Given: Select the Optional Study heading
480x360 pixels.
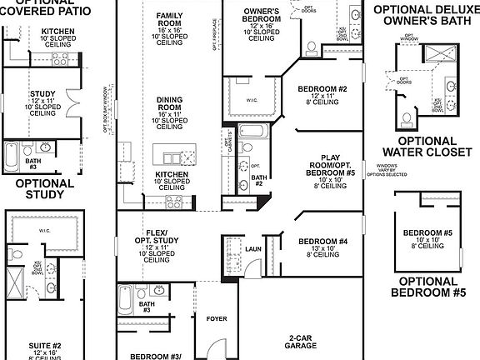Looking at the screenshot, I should click(x=39, y=189).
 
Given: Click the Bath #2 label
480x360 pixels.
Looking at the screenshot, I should click(x=258, y=181).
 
